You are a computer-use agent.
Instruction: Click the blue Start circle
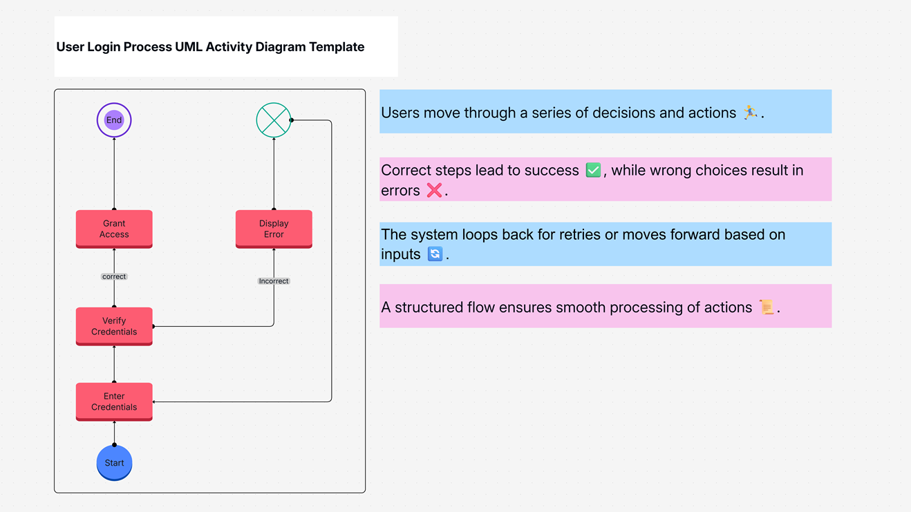click(114, 462)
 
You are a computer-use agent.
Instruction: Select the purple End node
click(114, 120)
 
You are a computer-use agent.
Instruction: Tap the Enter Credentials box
click(114, 401)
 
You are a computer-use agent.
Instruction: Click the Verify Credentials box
click(114, 326)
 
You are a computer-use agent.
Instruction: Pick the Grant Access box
click(114, 229)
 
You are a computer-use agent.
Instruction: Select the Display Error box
click(274, 229)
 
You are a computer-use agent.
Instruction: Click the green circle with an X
click(274, 120)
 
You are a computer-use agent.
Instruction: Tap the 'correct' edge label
click(114, 276)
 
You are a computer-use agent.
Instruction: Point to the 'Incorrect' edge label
click(274, 281)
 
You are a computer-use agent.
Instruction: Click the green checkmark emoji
click(593, 170)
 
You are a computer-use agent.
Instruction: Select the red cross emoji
click(434, 190)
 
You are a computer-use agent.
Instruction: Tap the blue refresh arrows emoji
click(435, 254)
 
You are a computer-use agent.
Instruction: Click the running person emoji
click(750, 112)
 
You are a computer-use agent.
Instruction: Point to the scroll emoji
click(766, 307)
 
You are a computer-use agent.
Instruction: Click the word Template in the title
click(337, 47)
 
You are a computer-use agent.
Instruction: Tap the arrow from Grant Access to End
click(114, 173)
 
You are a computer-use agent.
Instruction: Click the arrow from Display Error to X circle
click(274, 173)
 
